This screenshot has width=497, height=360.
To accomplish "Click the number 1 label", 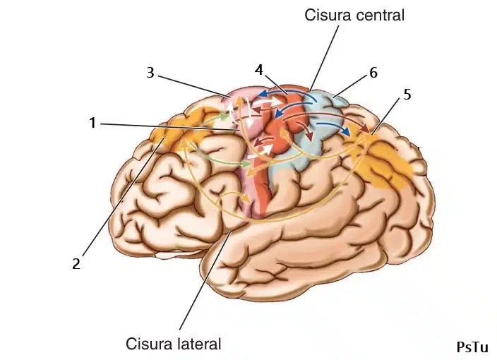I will [x=92, y=123].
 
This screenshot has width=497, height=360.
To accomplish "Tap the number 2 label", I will [x=76, y=264].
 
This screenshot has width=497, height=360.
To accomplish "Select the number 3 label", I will [x=150, y=73].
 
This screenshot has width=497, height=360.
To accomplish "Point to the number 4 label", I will [x=259, y=70].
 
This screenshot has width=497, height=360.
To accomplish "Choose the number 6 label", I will [x=373, y=73].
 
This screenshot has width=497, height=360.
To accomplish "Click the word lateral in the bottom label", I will [x=198, y=344].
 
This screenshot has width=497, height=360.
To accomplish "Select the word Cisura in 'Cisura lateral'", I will [x=149, y=344].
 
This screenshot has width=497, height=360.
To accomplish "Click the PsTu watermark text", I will [x=471, y=347].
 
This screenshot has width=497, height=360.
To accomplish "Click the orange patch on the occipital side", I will [x=385, y=162].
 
